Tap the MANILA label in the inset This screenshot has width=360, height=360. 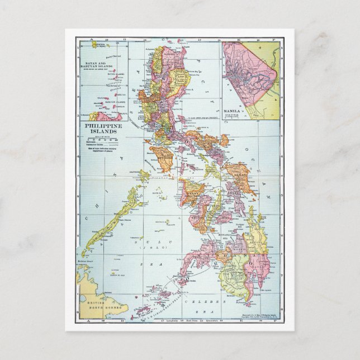click(231, 111)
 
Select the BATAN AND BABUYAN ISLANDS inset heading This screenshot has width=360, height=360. click(101, 57)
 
